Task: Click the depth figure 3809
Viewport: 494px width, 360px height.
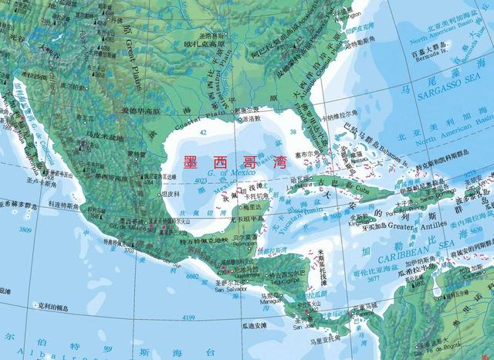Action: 25,229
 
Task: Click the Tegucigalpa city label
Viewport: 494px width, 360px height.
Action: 297,281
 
